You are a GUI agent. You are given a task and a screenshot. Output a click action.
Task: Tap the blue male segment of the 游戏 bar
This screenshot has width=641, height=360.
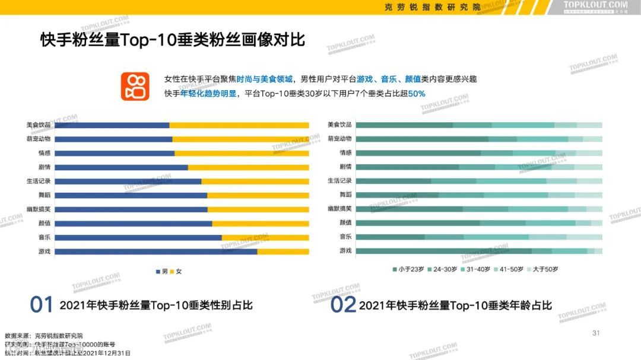(160, 251)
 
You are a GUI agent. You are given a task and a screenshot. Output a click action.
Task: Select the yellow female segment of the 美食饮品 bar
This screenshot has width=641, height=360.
(239, 125)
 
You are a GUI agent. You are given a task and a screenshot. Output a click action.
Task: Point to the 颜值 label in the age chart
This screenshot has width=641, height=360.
(345, 223)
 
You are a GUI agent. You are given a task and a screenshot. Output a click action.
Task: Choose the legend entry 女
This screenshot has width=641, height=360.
(176, 271)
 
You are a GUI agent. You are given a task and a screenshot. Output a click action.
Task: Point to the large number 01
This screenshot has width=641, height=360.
(42, 305)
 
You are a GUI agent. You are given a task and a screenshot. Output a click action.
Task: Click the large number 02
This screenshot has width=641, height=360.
(342, 305)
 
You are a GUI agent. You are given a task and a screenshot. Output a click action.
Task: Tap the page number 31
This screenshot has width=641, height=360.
(596, 333)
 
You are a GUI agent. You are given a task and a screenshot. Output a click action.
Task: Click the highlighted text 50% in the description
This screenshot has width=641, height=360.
(417, 94)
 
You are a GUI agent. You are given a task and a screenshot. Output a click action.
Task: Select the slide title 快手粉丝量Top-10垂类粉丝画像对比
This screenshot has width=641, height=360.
(173, 40)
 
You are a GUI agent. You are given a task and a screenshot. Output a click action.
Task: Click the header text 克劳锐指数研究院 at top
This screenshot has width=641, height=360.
(432, 7)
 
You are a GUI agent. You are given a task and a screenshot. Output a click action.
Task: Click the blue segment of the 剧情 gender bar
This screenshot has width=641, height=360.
(125, 167)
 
